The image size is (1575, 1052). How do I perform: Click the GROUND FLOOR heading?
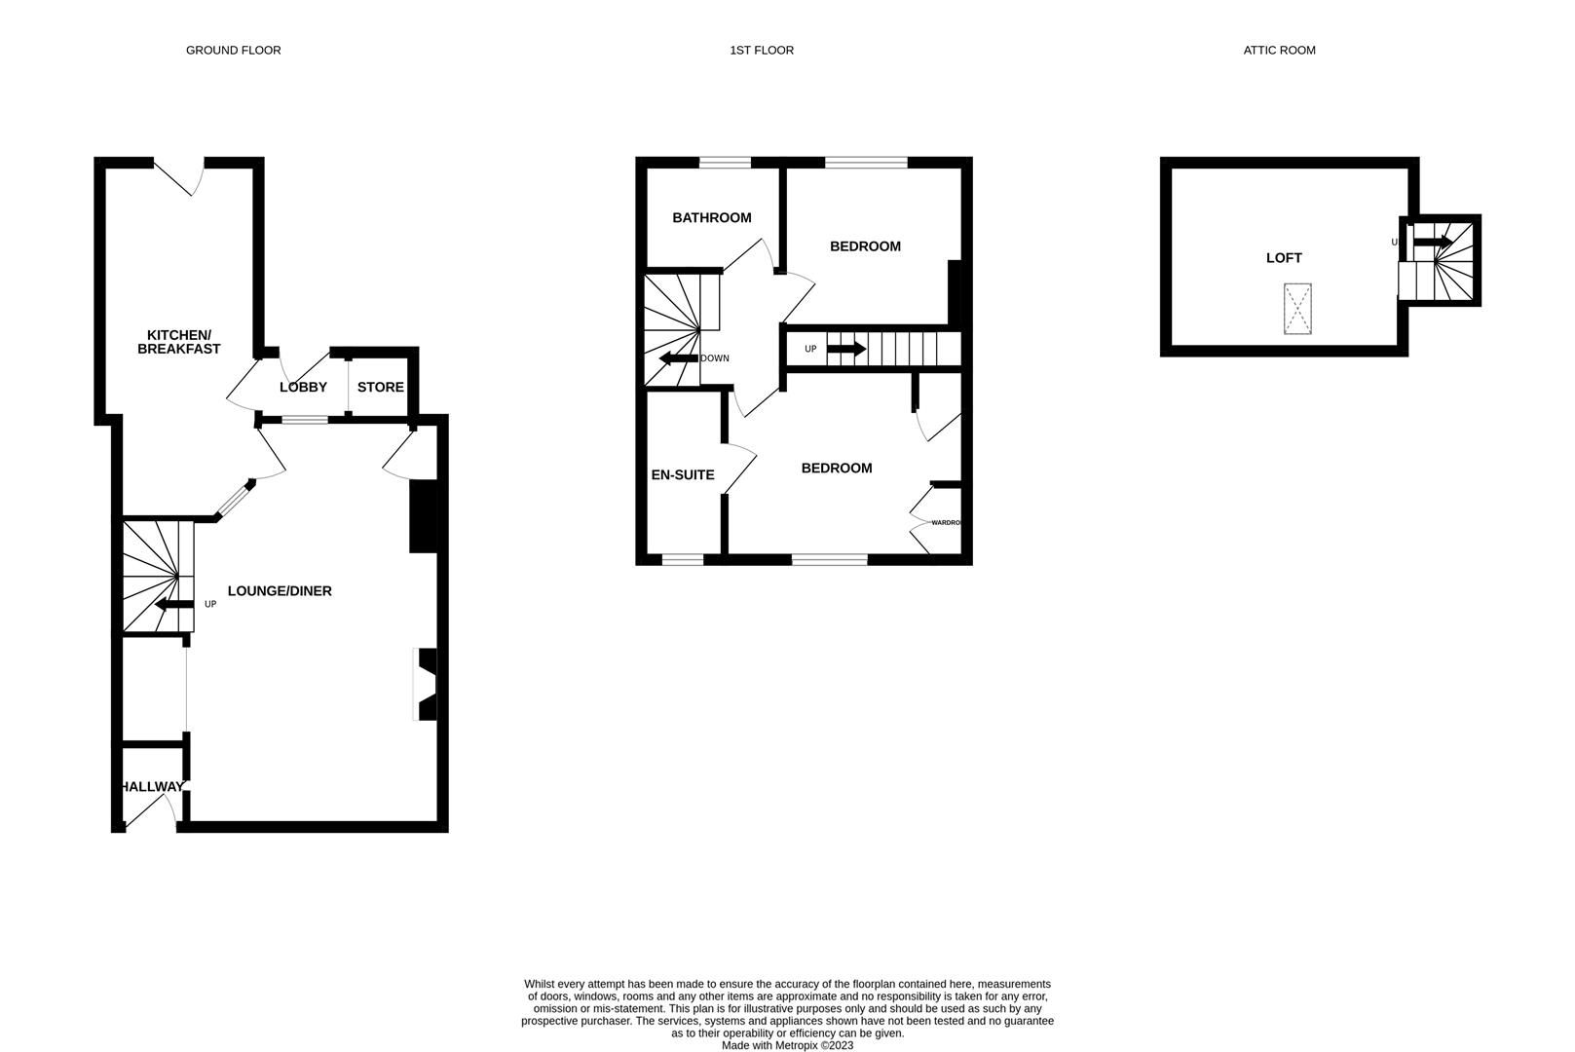[233, 50]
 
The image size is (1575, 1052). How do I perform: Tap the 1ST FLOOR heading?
[761, 50]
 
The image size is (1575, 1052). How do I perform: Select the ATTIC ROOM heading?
[1279, 50]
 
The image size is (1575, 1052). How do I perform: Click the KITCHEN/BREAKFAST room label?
[178, 341]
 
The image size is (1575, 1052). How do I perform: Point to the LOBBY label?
[303, 387]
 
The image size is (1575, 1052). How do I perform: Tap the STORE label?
[380, 387]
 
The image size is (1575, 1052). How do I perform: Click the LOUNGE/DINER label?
[280, 590]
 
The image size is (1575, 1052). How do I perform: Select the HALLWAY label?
[152, 786]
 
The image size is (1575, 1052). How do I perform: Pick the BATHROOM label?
[711, 217]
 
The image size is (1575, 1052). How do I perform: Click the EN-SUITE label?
[682, 474]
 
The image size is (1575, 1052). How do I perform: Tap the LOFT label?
[1283, 257]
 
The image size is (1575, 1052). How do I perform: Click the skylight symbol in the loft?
[1297, 308]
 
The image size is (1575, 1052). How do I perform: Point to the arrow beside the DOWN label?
[678, 358]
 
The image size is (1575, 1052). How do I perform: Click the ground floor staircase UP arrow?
[173, 606]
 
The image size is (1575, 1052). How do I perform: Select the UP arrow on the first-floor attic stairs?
[845, 348]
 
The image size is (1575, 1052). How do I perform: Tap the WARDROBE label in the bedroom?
[946, 523]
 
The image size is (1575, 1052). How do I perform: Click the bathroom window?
[725, 163]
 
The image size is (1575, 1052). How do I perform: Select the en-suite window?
[682, 560]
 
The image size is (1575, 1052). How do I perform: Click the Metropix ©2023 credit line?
[787, 1045]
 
